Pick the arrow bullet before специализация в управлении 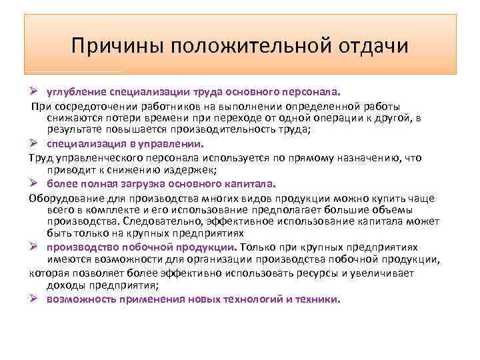[x=35, y=143]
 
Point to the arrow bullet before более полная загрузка [x=35, y=183]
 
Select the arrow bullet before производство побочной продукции [x=35, y=247]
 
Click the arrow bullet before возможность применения [x=35, y=299]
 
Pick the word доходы [x=65, y=285]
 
